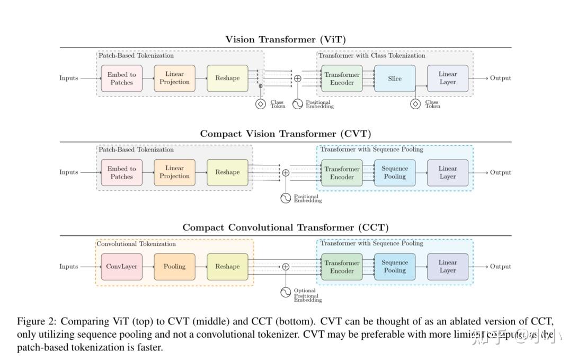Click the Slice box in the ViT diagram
pos(395,78)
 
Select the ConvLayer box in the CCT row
pos(121,267)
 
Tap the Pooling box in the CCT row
pos(174,267)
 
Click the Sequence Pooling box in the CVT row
pos(395,172)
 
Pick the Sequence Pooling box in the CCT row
pos(395,267)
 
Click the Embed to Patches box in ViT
pos(121,78)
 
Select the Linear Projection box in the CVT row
pos(174,172)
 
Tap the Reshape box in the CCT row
pos(227,267)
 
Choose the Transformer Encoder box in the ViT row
pos(342,78)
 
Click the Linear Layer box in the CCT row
pos(448,267)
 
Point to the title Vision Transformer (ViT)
pos(286,39)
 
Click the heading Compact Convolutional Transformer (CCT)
pos(286,227)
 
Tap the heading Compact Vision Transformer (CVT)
pos(286,134)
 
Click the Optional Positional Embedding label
pos(307,295)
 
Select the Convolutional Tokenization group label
pos(136,244)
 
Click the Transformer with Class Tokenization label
pos(372,55)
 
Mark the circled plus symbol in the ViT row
pos(298,78)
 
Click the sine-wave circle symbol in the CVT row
pos(286,198)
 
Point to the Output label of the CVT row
pos(500,172)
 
